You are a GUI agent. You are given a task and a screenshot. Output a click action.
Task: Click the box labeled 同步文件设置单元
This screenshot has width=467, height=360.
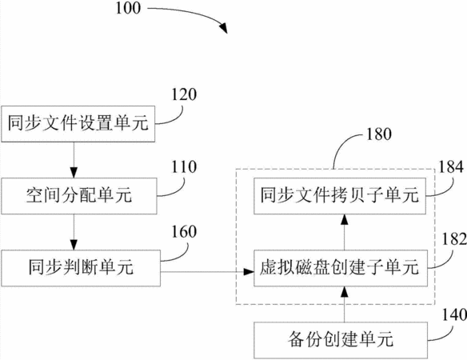[78, 124]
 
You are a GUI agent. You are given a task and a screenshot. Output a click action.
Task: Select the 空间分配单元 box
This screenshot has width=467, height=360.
[79, 196]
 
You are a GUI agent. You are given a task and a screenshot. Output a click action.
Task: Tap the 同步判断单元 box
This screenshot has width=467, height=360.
[81, 268]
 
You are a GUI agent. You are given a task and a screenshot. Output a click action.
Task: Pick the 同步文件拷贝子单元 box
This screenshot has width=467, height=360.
[340, 196]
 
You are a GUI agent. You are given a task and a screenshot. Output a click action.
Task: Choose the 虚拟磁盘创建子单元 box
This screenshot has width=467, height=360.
[341, 268]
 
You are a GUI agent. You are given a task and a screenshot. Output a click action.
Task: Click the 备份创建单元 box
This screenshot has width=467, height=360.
[341, 340]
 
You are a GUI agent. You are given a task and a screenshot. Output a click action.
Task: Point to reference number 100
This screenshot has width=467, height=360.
[128, 8]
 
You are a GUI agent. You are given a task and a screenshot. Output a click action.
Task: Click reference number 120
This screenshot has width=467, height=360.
[184, 94]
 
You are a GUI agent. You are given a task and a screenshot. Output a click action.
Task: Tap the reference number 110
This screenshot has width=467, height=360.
[184, 167]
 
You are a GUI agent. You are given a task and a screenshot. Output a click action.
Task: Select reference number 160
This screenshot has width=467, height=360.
[184, 231]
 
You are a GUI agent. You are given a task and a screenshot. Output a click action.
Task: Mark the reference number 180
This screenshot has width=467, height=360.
[378, 134]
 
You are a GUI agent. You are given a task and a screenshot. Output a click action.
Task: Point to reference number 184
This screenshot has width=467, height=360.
[451, 167]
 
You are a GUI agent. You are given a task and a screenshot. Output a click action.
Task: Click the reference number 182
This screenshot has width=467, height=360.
[454, 239]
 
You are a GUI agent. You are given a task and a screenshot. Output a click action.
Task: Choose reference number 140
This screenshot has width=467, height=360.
[454, 314]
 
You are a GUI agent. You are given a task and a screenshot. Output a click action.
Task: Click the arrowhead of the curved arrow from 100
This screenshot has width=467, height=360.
[224, 28]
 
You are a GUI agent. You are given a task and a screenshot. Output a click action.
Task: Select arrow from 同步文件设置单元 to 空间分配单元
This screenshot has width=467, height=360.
[74, 160]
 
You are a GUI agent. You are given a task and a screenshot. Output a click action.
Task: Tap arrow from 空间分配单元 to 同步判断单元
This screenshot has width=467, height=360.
[74, 232]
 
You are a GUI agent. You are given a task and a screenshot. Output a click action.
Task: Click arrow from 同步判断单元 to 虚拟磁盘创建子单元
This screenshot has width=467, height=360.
[207, 271]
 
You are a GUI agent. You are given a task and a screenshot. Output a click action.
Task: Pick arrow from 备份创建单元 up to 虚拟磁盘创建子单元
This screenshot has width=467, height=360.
[345, 304]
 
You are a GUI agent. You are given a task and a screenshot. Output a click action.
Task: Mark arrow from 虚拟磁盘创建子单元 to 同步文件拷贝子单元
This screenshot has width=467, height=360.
[345, 232]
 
